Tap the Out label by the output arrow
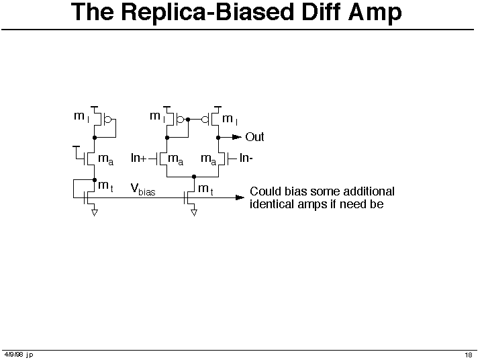click(x=254, y=137)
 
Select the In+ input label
click(x=139, y=159)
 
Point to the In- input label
click(x=246, y=159)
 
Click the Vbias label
click(x=142, y=190)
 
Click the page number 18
click(x=468, y=355)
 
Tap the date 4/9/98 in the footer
click(x=13, y=355)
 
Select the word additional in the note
click(x=366, y=191)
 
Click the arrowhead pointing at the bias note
click(x=240, y=197)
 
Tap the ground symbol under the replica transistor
click(x=95, y=212)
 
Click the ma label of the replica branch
click(x=105, y=160)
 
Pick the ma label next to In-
click(x=208, y=160)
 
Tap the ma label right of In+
click(x=175, y=160)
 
